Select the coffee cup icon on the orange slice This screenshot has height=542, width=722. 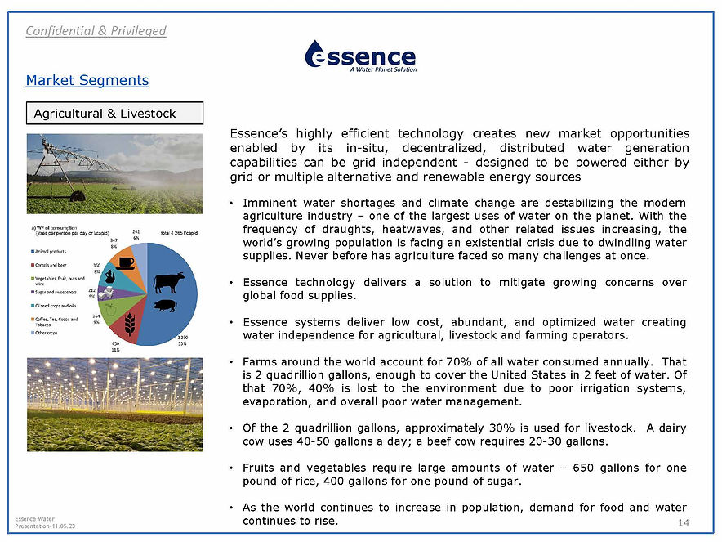[126, 262]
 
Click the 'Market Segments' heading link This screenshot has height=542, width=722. [87, 80]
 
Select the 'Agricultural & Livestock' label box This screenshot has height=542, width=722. [114, 113]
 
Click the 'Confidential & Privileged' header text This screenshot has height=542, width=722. [96, 31]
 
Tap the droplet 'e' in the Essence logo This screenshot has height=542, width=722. [319, 56]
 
